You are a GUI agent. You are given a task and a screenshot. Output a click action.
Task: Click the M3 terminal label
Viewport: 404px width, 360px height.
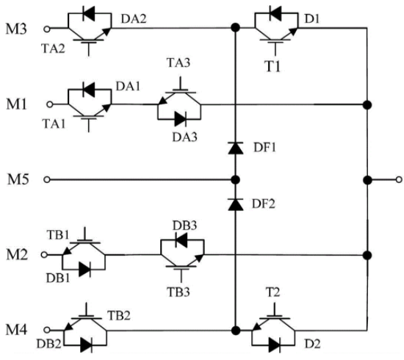pyautogui.click(x=16, y=29)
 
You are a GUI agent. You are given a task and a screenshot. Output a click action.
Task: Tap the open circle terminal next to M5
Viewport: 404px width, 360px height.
pyautogui.click(x=47, y=179)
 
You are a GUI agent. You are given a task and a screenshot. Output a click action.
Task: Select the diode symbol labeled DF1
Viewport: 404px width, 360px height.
pyautogui.click(x=236, y=148)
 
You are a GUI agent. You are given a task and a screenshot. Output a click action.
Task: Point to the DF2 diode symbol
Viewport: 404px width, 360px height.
pyautogui.click(x=236, y=204)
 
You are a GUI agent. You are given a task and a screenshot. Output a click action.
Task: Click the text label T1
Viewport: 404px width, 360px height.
pyautogui.click(x=273, y=66)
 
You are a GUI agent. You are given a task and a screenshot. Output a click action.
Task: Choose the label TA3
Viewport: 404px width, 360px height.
pyautogui.click(x=178, y=62)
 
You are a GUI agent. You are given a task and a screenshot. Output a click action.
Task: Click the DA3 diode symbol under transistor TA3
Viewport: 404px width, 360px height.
pyautogui.click(x=181, y=119)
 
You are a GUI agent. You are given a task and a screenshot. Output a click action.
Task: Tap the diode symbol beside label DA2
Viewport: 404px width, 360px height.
pyautogui.click(x=89, y=14)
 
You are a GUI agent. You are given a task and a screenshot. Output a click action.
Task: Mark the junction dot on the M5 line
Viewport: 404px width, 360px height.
pyautogui.click(x=235, y=179)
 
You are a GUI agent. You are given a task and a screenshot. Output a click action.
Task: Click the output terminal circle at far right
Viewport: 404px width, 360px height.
pyautogui.click(x=399, y=179)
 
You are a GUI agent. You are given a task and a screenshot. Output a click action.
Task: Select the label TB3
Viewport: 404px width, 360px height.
pyautogui.click(x=178, y=292)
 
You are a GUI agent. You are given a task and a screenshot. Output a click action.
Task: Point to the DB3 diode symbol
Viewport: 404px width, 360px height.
pyautogui.click(x=181, y=240)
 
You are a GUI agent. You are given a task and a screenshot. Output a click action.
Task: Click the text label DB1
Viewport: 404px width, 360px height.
pyautogui.click(x=58, y=278)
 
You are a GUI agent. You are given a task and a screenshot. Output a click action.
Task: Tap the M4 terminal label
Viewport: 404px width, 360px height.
pyautogui.click(x=16, y=330)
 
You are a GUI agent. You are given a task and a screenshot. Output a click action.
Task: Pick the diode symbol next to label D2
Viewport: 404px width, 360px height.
pyautogui.click(x=275, y=345)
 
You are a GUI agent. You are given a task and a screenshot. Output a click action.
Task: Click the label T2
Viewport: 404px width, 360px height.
pyautogui.click(x=273, y=292)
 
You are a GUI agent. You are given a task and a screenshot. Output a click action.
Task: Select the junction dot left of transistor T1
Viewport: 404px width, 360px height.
pyautogui.click(x=235, y=27)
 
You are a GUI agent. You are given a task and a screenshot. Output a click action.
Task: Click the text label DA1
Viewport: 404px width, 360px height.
pyautogui.click(x=128, y=87)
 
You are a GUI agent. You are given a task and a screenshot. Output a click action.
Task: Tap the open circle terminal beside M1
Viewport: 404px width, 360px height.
pyautogui.click(x=50, y=104)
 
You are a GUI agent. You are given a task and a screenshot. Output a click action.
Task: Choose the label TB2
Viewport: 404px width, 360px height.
pyautogui.click(x=119, y=315)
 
